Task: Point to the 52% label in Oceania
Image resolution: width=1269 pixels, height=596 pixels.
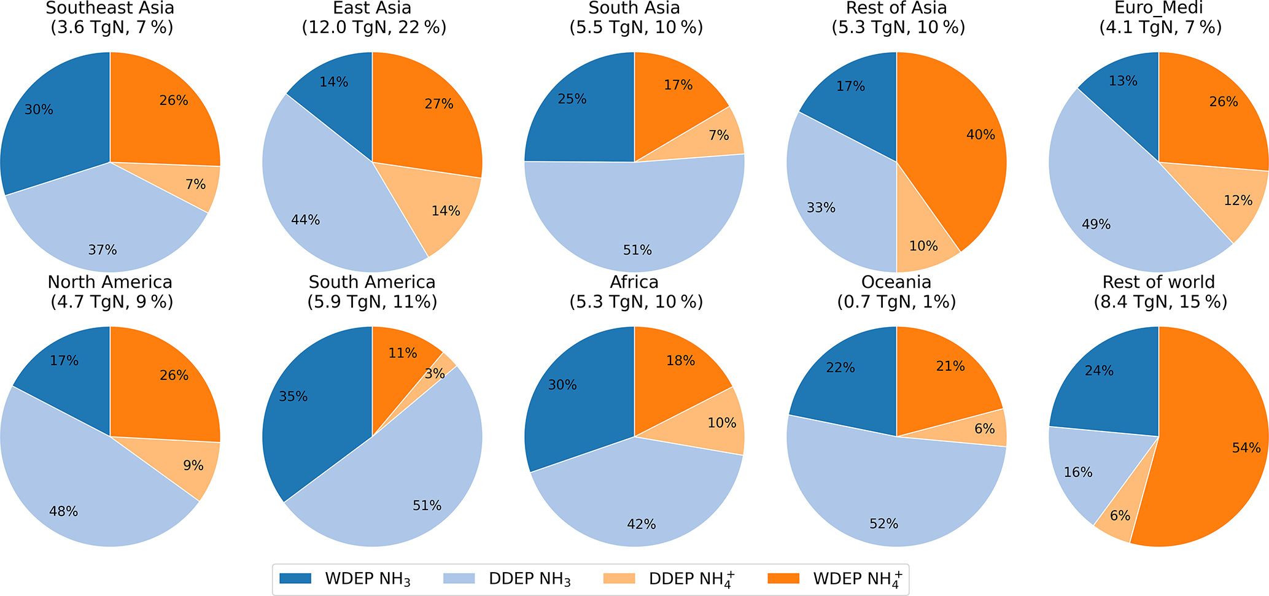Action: [883, 524]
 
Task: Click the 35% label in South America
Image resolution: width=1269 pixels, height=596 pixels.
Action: [293, 397]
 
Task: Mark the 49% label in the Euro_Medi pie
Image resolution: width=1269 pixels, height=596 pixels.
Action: [1096, 224]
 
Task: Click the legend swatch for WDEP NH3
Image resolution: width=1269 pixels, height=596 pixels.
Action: [295, 578]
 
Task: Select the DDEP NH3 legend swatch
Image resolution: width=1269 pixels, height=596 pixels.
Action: [459, 578]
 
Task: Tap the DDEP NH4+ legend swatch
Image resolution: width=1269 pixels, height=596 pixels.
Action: [619, 578]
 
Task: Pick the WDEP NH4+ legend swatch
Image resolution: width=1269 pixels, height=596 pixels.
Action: [783, 578]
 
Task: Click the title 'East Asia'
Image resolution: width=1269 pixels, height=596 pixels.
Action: [372, 8]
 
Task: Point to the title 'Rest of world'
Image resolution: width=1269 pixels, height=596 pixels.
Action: [1158, 282]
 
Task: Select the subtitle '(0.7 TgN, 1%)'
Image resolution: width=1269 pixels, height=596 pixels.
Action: [896, 301]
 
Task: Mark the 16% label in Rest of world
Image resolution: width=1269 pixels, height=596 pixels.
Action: [1078, 472]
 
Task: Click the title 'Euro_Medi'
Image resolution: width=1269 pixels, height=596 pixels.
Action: [1158, 8]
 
